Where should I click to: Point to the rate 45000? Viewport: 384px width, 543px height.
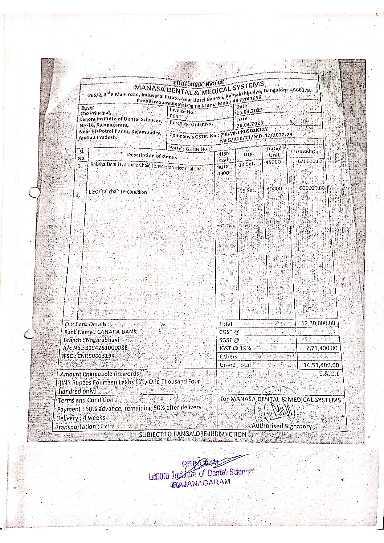click(x=273, y=162)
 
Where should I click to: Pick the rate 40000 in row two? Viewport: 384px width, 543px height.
click(x=274, y=189)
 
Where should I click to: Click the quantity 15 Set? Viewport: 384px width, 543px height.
click(x=248, y=190)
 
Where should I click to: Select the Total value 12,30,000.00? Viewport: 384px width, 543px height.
click(x=318, y=323)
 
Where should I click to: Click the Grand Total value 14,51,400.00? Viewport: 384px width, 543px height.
click(x=321, y=365)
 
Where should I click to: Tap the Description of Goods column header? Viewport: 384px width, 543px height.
click(x=152, y=156)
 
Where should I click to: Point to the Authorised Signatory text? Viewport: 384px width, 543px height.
click(x=282, y=427)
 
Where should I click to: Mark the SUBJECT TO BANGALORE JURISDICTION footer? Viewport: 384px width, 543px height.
click(x=193, y=434)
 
